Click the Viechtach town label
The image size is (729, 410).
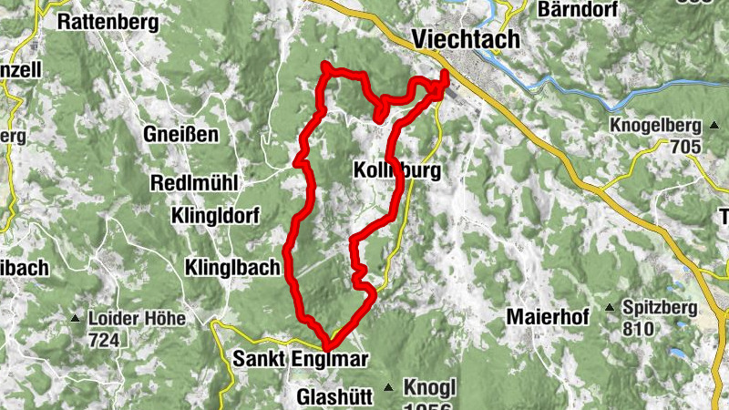465,39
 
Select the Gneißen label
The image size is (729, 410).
181,134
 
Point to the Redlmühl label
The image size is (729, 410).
194,182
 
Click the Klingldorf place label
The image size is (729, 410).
216,216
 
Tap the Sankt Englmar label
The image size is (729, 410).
300,359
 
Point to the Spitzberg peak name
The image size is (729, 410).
660,308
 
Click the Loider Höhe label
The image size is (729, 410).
138,319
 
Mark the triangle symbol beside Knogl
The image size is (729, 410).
389,387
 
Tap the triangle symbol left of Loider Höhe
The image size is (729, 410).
76,319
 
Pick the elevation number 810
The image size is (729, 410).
638,327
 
